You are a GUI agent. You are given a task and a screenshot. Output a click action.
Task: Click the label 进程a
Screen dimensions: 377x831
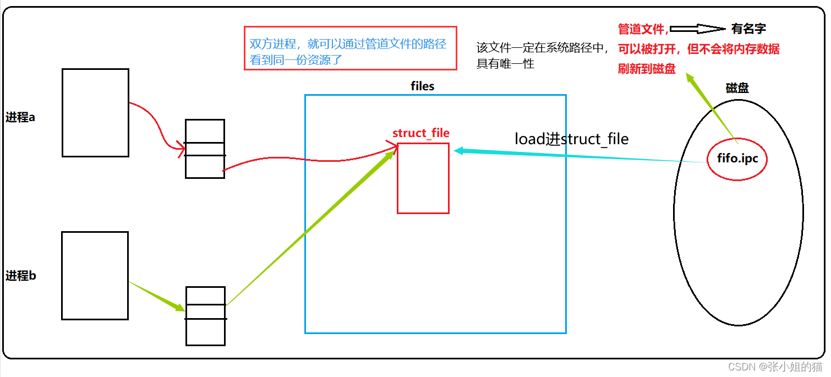pos(21,117)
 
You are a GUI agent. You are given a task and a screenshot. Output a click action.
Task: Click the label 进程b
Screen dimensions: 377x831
pos(21,276)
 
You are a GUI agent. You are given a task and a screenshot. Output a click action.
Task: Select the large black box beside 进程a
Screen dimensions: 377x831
pos(95,113)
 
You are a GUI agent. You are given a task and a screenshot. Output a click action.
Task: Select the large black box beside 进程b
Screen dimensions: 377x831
pos(95,275)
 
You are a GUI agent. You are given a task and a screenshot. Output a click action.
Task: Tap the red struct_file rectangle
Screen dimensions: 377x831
pos(423,178)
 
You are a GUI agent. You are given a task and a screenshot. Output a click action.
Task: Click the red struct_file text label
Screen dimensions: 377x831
pos(420,133)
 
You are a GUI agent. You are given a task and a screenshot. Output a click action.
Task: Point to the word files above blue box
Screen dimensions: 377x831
pos(422,86)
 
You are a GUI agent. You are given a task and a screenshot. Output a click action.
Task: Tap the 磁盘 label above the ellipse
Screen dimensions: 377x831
pos(737,88)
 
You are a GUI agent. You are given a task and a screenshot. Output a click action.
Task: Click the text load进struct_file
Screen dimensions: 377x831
pos(571,139)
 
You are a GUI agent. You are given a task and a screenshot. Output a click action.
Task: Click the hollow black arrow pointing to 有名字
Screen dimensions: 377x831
pos(698,29)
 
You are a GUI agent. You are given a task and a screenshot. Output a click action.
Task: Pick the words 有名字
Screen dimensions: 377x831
pos(748,29)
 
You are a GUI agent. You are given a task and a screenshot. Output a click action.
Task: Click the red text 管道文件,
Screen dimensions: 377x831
pos(643,29)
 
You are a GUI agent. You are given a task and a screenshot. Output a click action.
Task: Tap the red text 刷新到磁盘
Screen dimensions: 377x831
pos(647,69)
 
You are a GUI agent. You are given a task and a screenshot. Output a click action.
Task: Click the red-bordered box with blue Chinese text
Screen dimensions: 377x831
pos(351,48)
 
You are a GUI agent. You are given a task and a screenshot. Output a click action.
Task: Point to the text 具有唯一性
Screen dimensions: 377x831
pos(505,64)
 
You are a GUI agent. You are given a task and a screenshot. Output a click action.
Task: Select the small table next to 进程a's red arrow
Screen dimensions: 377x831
pos(205,149)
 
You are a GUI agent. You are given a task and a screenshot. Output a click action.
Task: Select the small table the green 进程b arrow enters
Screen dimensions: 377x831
pos(205,316)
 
